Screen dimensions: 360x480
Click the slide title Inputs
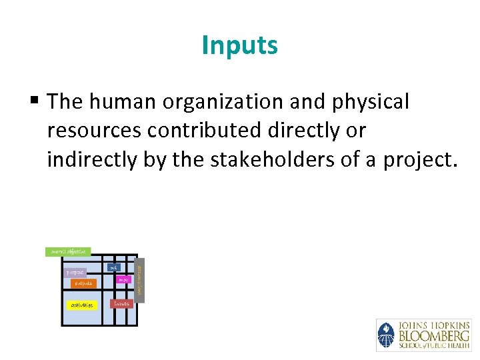click(x=239, y=46)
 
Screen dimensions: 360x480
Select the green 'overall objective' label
click(x=68, y=252)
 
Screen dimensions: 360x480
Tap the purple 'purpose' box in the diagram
click(x=75, y=273)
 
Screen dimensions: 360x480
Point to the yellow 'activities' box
click(x=82, y=305)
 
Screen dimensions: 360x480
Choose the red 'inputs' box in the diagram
click(x=122, y=303)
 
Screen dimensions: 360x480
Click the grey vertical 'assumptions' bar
click(x=139, y=280)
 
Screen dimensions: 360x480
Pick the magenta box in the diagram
click(x=123, y=280)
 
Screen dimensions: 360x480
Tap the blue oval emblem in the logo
click(x=386, y=335)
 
